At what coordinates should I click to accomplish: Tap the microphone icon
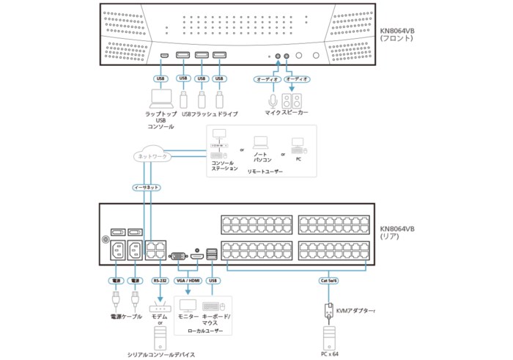tap(273, 99)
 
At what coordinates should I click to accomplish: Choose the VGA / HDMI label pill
tap(188, 280)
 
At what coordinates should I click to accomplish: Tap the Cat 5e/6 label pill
tap(328, 280)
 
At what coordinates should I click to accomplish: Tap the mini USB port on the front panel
tap(164, 56)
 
